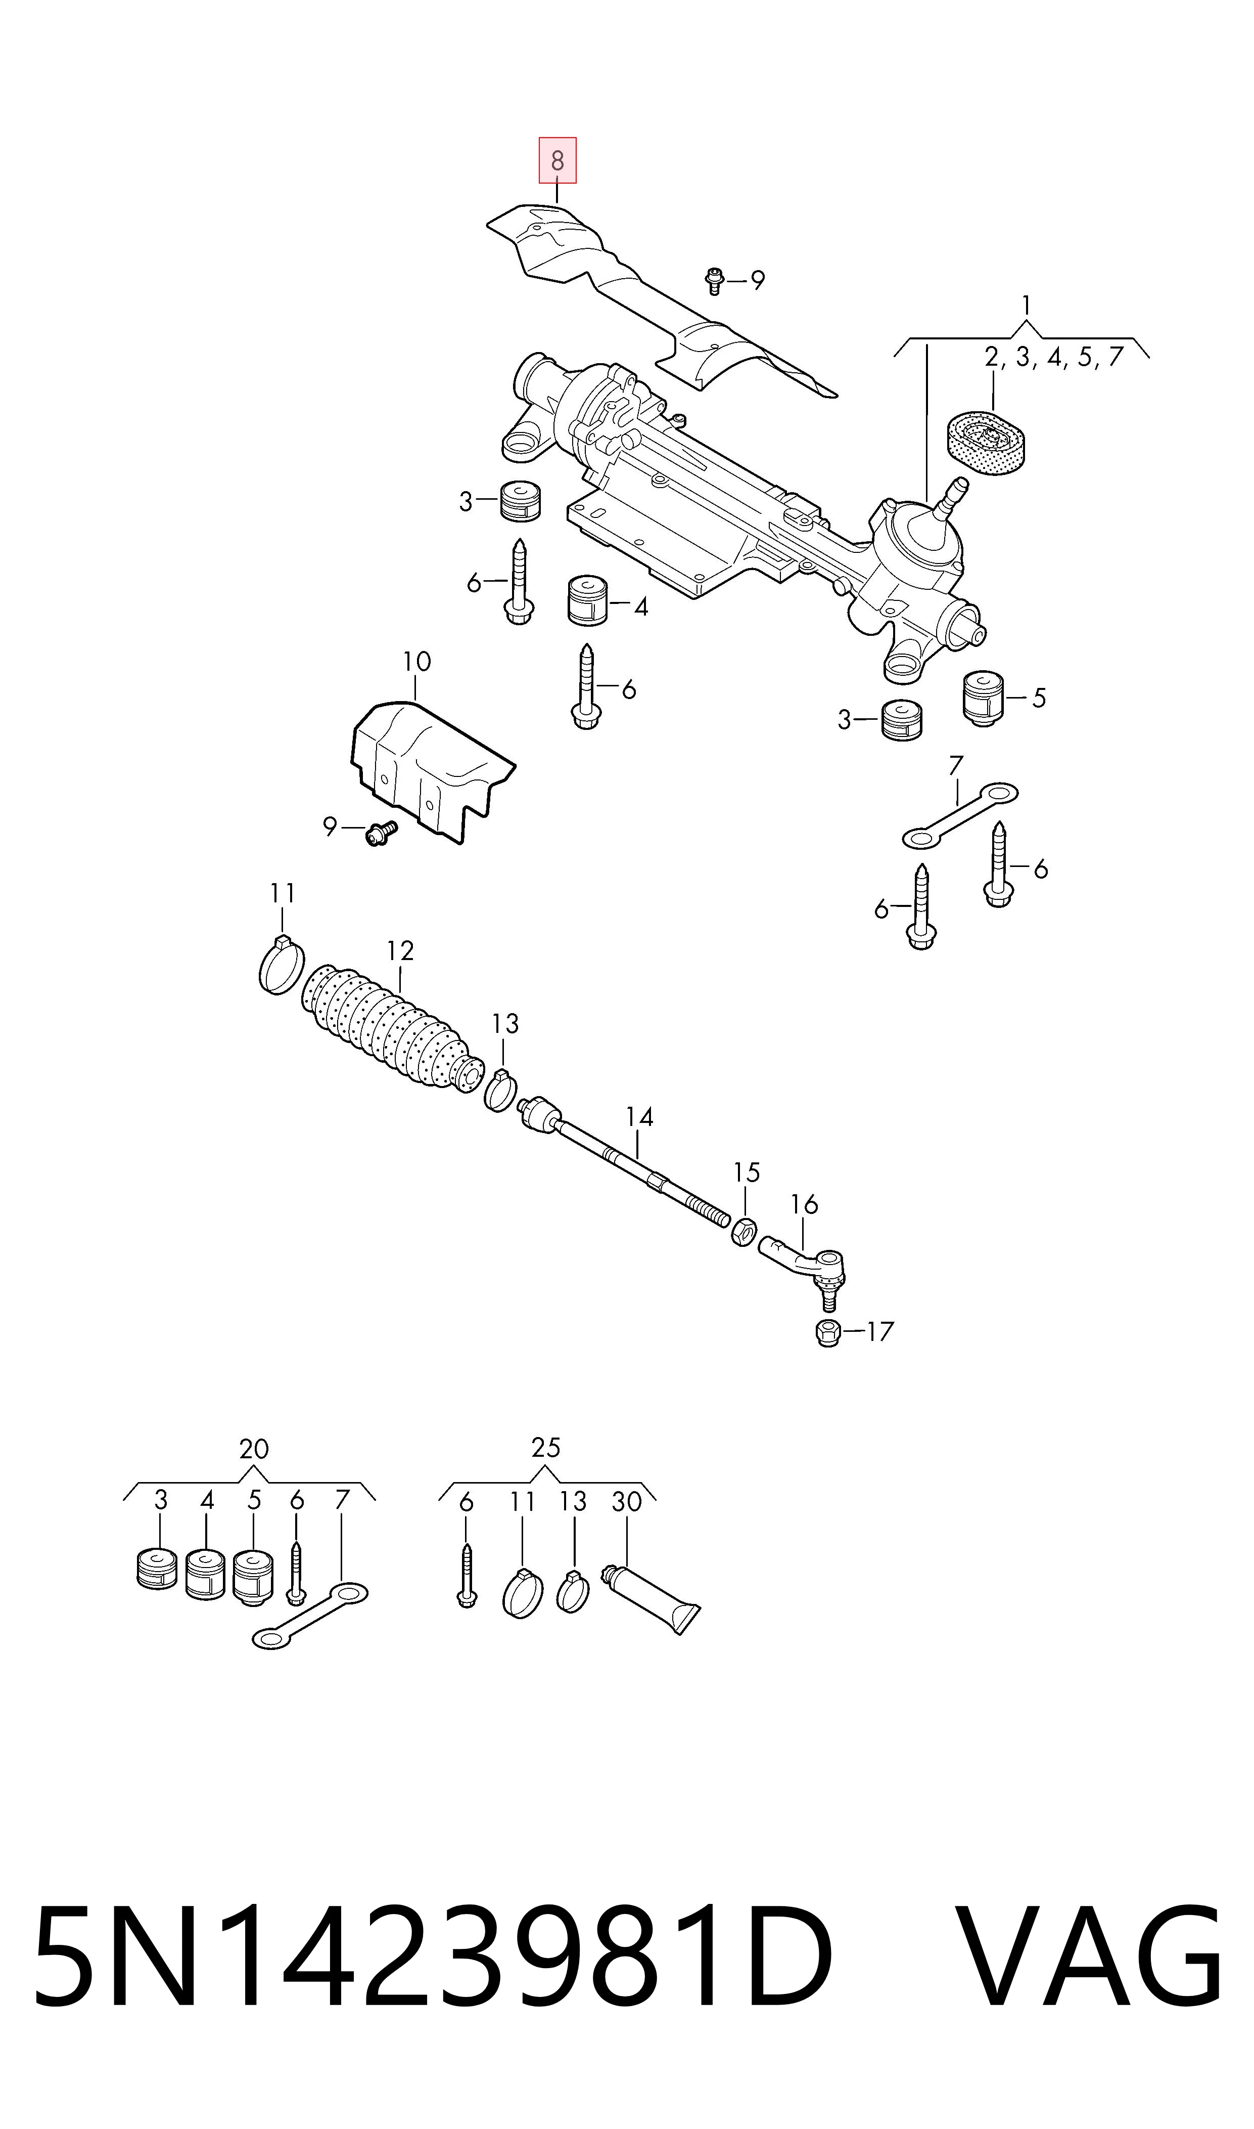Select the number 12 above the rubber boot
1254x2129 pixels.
pos(400,951)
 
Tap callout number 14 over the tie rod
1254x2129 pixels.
pos(640,1118)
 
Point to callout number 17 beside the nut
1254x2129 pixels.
pos(880,1332)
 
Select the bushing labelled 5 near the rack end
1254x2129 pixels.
pos(983,699)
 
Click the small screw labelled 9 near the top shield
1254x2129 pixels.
pos(715,280)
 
